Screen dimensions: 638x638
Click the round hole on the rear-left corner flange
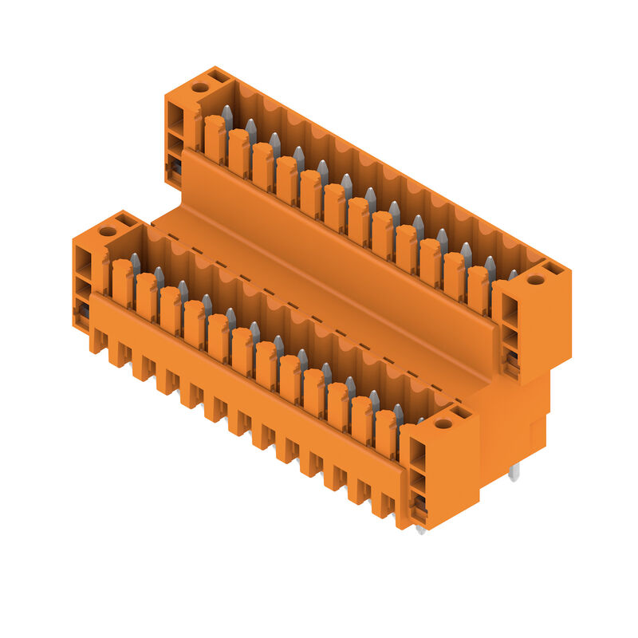199,88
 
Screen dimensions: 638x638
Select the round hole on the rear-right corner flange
535,280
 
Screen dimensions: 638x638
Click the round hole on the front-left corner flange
108,231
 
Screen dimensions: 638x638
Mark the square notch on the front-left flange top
126,219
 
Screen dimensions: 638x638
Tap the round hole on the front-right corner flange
443,423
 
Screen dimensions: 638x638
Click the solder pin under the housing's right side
514,471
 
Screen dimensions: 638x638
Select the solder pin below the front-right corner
420,528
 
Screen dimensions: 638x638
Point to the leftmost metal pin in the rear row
227,116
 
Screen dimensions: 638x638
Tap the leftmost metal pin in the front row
136,263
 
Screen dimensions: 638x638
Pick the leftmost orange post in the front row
122,282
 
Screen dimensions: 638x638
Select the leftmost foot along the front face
98,341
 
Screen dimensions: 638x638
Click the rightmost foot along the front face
386,506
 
